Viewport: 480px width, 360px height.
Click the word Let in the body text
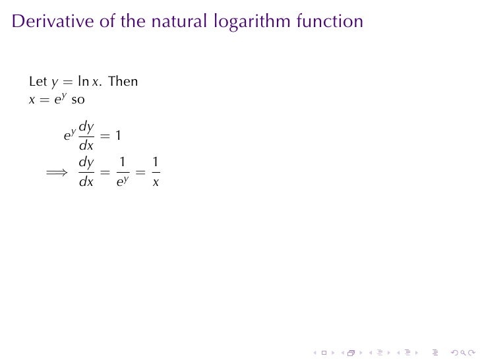[x=38, y=82]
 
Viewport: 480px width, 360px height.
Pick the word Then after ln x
[x=123, y=82]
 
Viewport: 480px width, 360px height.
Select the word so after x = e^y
[x=78, y=100]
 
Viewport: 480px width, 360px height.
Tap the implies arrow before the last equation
[x=57, y=173]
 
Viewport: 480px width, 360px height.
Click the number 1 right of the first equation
[x=117, y=136]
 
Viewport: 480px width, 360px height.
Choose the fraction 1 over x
[x=155, y=171]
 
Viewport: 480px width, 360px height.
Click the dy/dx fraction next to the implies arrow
[x=86, y=171]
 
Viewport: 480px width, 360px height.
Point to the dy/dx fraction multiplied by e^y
[x=86, y=135]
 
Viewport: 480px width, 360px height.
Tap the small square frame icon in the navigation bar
[x=324, y=353]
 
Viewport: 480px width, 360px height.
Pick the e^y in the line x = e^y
[x=60, y=100]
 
